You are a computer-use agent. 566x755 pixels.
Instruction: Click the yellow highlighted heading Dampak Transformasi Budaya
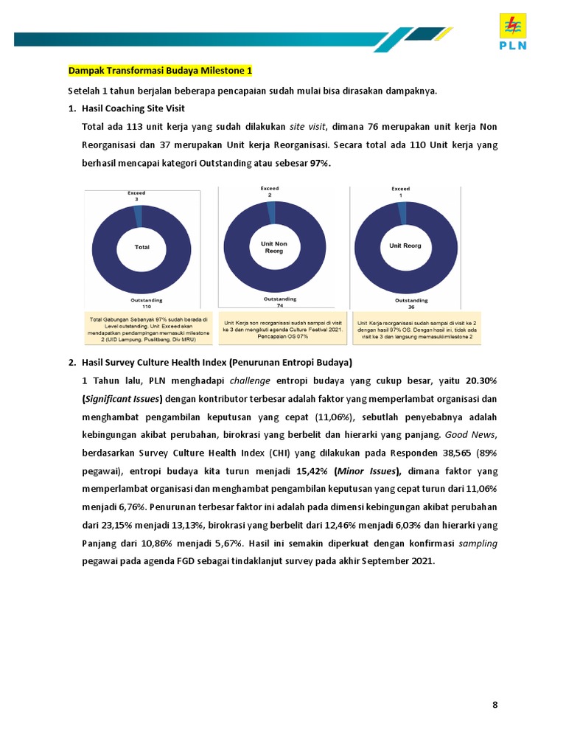pyautogui.click(x=160, y=71)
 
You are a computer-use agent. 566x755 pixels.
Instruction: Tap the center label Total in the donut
pyautogui.click(x=141, y=247)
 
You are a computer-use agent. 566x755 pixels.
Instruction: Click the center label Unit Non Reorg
pyautogui.click(x=273, y=246)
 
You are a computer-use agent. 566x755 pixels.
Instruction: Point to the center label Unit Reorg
pyautogui.click(x=405, y=246)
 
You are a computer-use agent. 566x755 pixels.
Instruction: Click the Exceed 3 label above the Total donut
pyautogui.click(x=136, y=196)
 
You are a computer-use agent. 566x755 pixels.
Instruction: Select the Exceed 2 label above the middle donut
pyautogui.click(x=270, y=192)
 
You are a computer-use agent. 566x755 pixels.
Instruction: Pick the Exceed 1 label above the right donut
pyautogui.click(x=400, y=192)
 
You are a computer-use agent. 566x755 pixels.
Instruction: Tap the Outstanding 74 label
pyautogui.click(x=279, y=302)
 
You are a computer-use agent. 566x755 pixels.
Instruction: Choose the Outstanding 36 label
pyautogui.click(x=410, y=303)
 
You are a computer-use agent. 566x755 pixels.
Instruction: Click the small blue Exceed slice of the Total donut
pyautogui.click(x=138, y=216)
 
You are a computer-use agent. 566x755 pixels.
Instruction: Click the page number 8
pyautogui.click(x=495, y=705)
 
